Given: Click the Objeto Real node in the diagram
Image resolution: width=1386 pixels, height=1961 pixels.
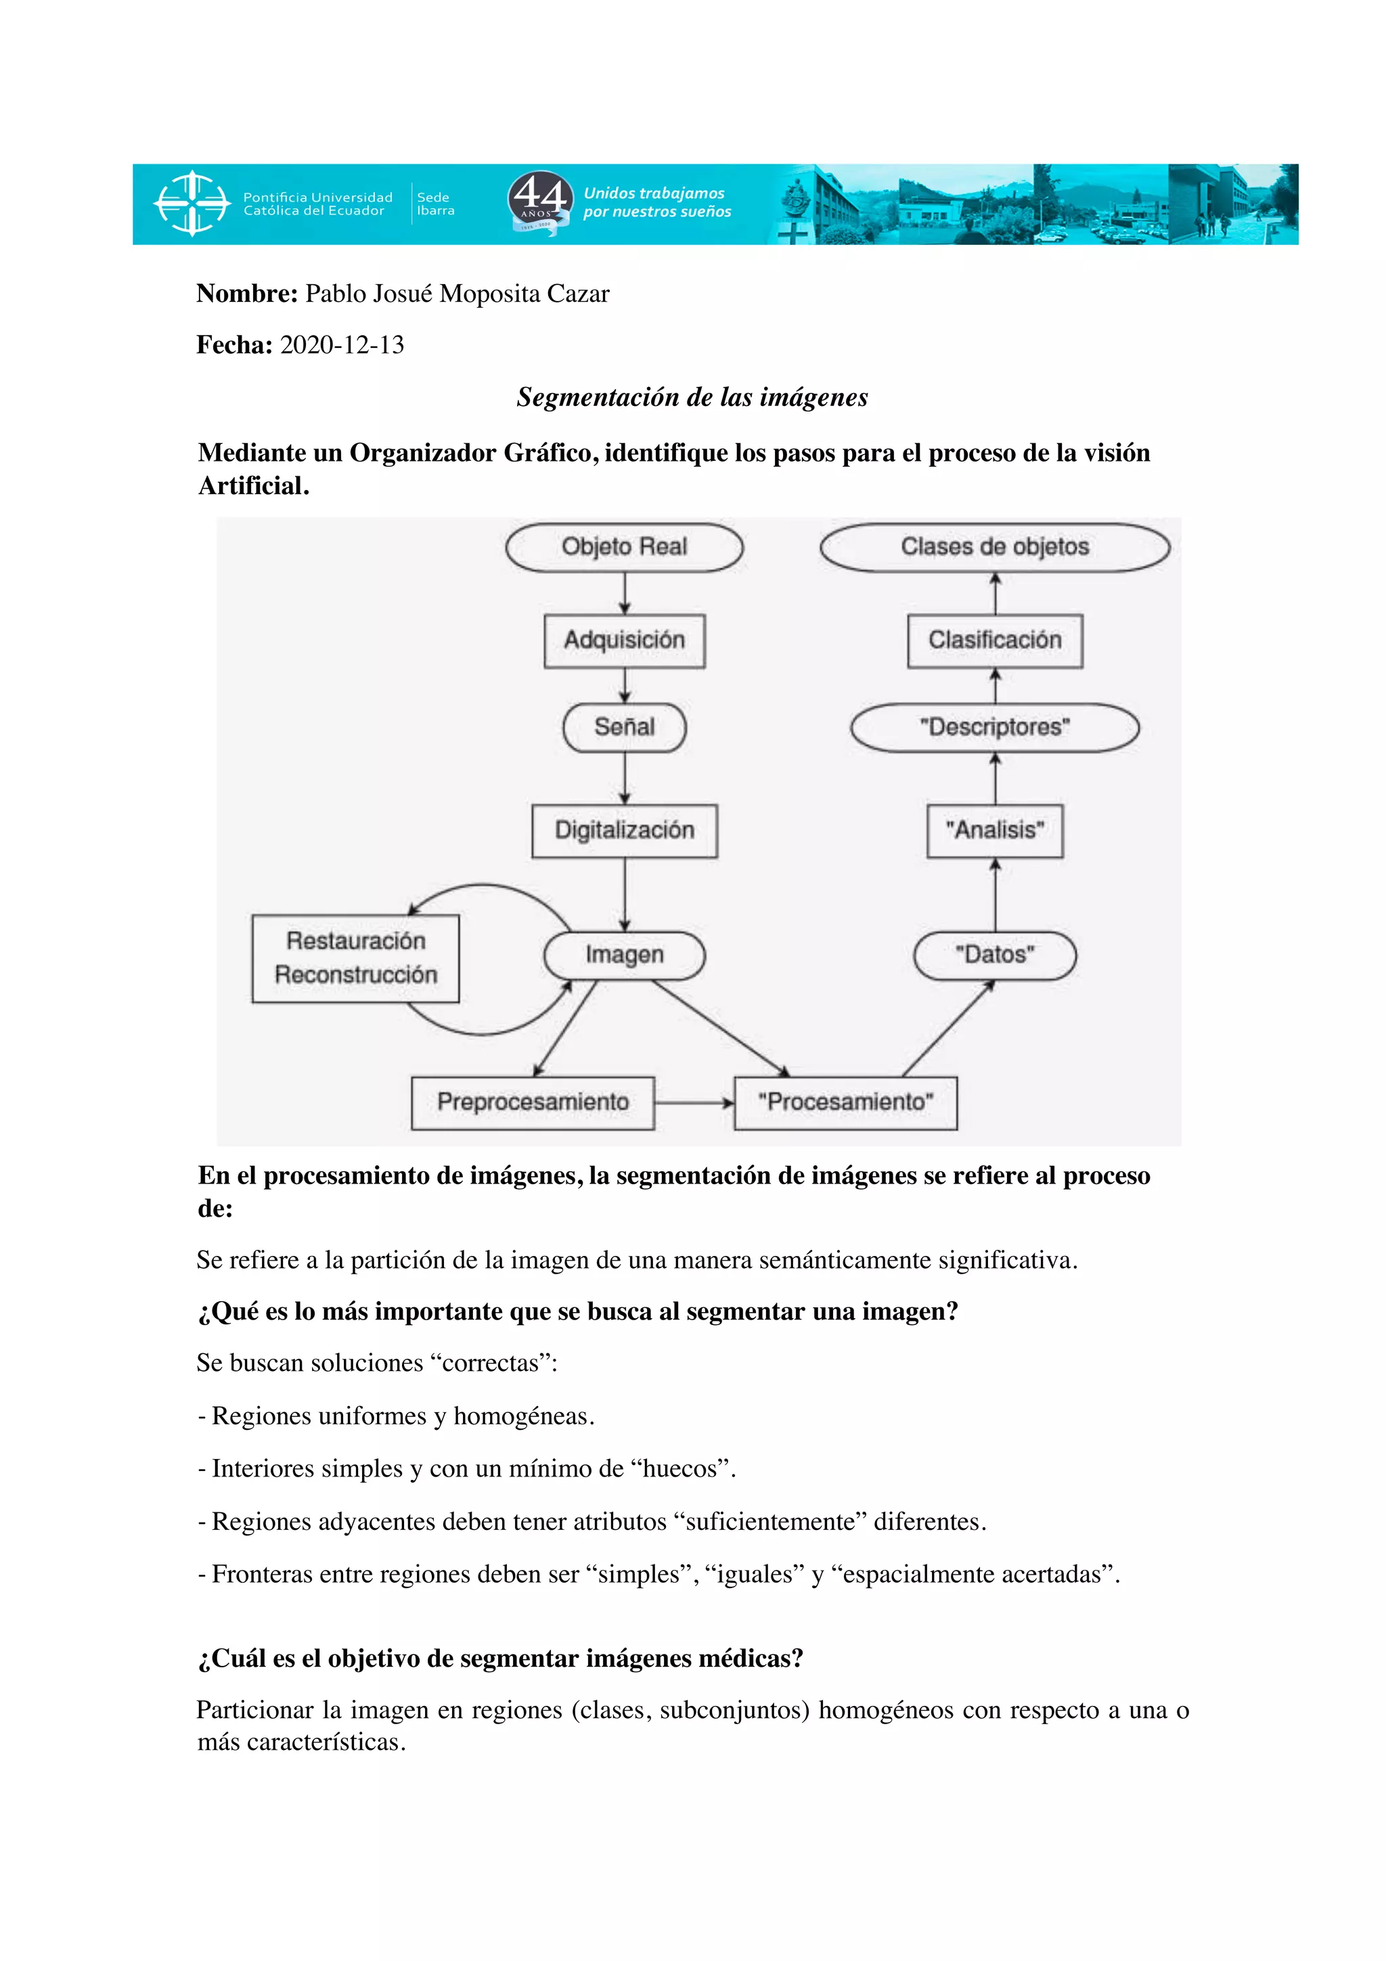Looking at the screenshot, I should tap(624, 547).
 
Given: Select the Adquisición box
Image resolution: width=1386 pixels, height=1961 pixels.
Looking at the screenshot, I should tap(624, 641).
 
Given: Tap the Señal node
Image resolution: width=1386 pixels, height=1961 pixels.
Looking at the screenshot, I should tap(624, 727).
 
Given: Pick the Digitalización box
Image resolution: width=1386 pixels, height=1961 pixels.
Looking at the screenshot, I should tap(624, 830).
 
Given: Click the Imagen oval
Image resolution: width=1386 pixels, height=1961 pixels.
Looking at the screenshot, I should tap(624, 955).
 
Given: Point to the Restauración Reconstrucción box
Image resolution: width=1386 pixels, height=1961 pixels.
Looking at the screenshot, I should tap(355, 958).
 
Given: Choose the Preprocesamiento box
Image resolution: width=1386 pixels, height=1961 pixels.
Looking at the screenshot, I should tap(533, 1102).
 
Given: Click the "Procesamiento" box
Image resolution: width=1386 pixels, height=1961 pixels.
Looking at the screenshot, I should tap(845, 1102).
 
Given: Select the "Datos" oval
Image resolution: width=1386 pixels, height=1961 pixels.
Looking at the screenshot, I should tap(995, 955).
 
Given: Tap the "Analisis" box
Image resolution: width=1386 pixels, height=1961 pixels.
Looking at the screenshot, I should tap(995, 830).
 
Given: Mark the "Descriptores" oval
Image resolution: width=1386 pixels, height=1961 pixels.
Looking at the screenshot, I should tap(995, 727).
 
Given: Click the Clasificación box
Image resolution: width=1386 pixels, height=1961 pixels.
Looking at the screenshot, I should tap(995, 641).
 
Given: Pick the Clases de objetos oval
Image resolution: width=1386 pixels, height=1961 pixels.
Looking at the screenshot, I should tap(995, 547).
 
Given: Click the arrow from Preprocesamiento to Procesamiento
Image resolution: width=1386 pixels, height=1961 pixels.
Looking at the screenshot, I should tap(694, 1102).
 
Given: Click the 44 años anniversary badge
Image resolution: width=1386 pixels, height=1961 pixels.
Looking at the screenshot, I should tap(539, 202).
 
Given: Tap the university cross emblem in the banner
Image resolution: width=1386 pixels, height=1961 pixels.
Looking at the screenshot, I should tap(192, 203).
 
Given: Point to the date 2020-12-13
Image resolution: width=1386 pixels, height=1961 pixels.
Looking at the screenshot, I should tap(342, 345).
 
